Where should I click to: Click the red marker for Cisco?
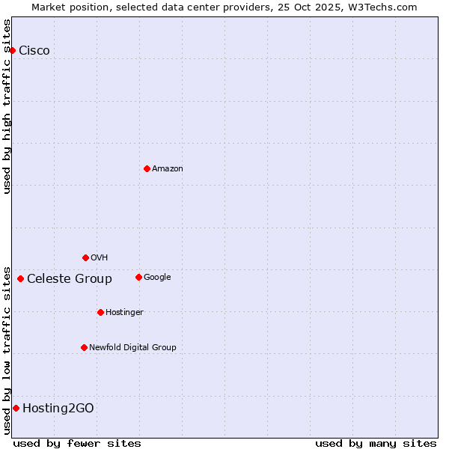pyautogui.click(x=13, y=50)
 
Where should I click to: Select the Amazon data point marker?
pyautogui.click(x=147, y=168)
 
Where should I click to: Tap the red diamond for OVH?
pyautogui.click(x=85, y=257)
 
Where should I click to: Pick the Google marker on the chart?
pyautogui.click(x=138, y=277)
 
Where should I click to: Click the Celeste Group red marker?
pyautogui.click(x=20, y=279)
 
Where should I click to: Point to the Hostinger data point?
pyautogui.click(x=100, y=312)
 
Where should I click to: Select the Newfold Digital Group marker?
pyautogui.click(x=84, y=347)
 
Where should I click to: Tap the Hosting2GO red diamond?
pyautogui.click(x=16, y=408)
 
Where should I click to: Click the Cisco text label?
pyautogui.click(x=34, y=51)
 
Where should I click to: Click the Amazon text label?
pyautogui.click(x=168, y=169)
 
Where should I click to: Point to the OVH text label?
pyautogui.click(x=100, y=258)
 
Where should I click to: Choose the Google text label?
pyautogui.click(x=157, y=278)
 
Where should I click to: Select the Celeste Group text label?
pyautogui.click(x=70, y=279)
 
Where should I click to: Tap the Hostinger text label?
pyautogui.click(x=124, y=313)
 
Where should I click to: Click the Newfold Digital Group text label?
pyautogui.click(x=132, y=348)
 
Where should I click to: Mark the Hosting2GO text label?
pyautogui.click(x=58, y=409)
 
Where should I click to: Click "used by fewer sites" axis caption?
pyautogui.click(x=77, y=443)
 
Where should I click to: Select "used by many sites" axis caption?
pyautogui.click(x=376, y=443)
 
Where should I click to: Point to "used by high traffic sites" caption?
pyautogui.click(x=7, y=106)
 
